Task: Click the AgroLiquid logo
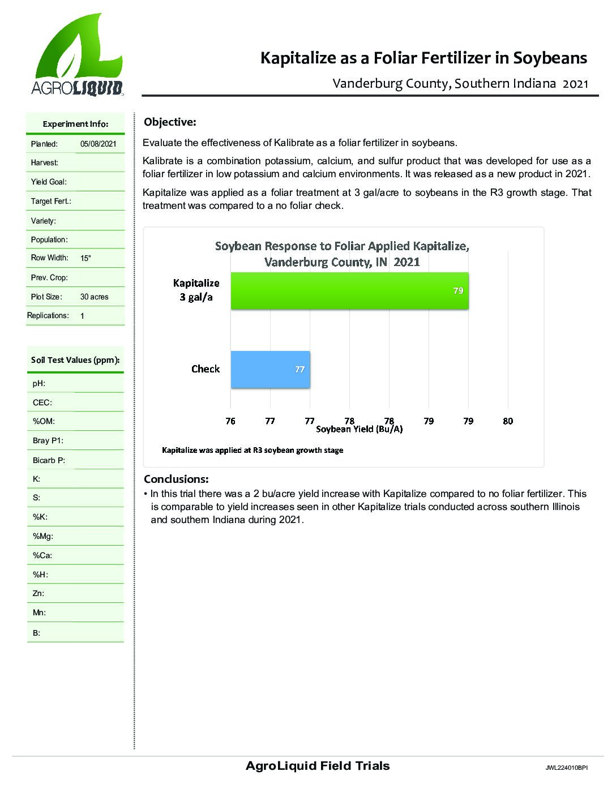77,55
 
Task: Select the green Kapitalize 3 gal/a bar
349,291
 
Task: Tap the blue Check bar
270,369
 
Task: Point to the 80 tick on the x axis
507,421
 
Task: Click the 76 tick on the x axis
230,421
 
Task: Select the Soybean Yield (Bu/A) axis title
359,429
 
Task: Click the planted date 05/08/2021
98,144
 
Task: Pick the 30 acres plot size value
94,297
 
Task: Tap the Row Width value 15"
85,258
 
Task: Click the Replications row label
48,315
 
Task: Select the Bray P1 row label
48,440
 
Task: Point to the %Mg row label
43,536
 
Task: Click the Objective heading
170,122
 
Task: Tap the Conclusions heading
176,479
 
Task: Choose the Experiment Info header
75,124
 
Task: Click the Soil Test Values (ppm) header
75,360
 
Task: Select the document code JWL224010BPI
567,768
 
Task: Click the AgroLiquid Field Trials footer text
318,766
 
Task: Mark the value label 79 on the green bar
458,290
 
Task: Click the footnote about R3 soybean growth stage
253,450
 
